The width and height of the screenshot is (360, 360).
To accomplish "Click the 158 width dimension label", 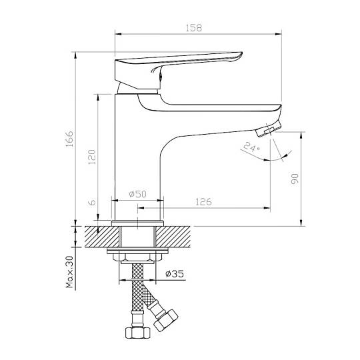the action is click(x=193, y=28).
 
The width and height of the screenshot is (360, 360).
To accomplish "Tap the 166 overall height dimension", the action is click(x=69, y=139).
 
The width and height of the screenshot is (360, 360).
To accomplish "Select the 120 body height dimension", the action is click(x=91, y=157).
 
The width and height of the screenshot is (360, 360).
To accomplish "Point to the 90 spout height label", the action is click(x=295, y=179).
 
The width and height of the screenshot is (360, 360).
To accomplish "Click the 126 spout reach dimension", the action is click(x=203, y=202).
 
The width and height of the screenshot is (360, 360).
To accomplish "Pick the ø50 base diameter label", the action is click(x=137, y=194).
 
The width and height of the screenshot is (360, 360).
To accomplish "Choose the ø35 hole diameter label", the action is click(x=175, y=274).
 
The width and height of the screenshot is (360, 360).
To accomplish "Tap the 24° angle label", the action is click(x=251, y=147).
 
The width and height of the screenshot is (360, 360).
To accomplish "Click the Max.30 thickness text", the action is click(x=69, y=272).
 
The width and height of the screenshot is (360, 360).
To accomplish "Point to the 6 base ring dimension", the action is click(x=92, y=202).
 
